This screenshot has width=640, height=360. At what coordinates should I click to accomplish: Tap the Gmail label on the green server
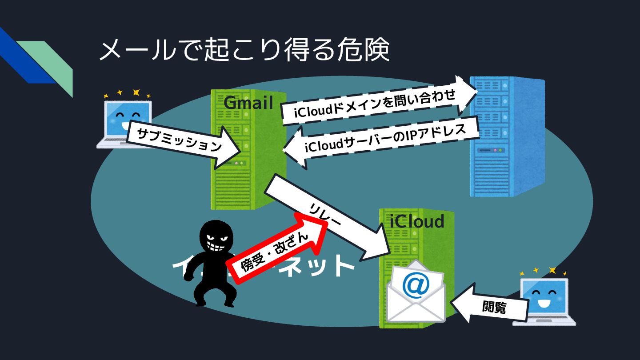point(248,103)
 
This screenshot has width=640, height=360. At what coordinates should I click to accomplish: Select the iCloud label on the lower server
point(417,221)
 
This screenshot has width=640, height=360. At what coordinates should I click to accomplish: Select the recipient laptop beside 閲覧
point(544,300)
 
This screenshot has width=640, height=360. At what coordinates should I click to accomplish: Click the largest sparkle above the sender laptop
point(136,92)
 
